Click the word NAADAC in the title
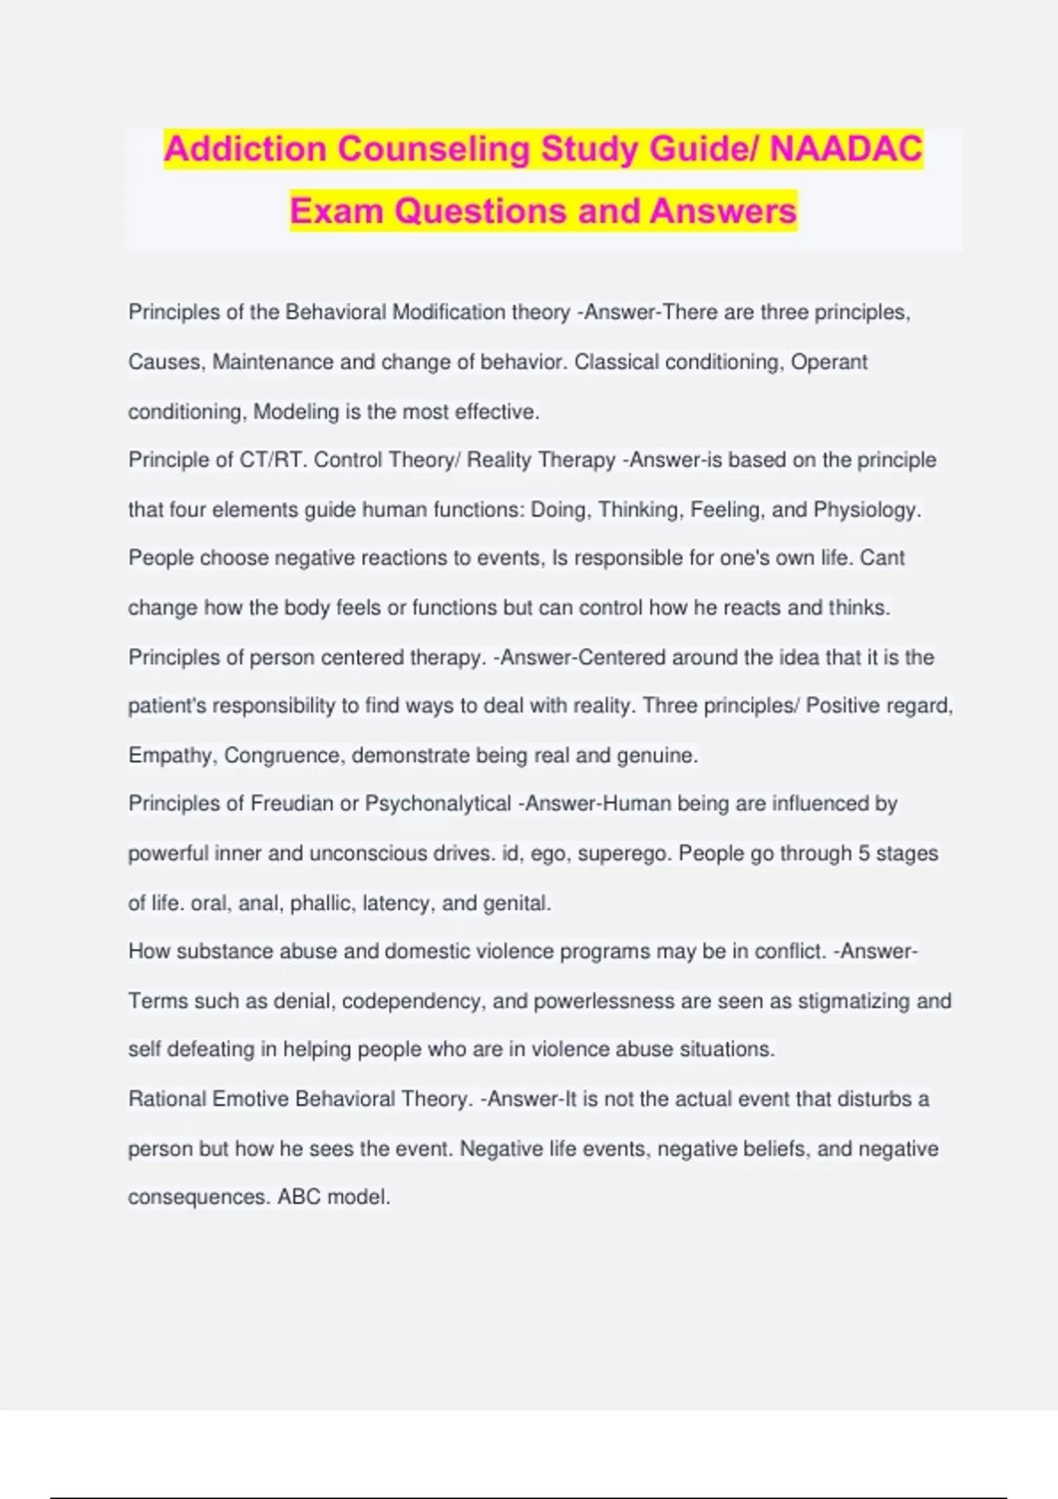point(846,149)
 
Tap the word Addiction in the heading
point(245,149)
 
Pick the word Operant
point(829,362)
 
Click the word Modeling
point(296,412)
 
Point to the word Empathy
point(171,756)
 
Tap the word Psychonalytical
point(438,804)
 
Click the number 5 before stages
point(864,854)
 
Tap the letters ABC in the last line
point(299,1197)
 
